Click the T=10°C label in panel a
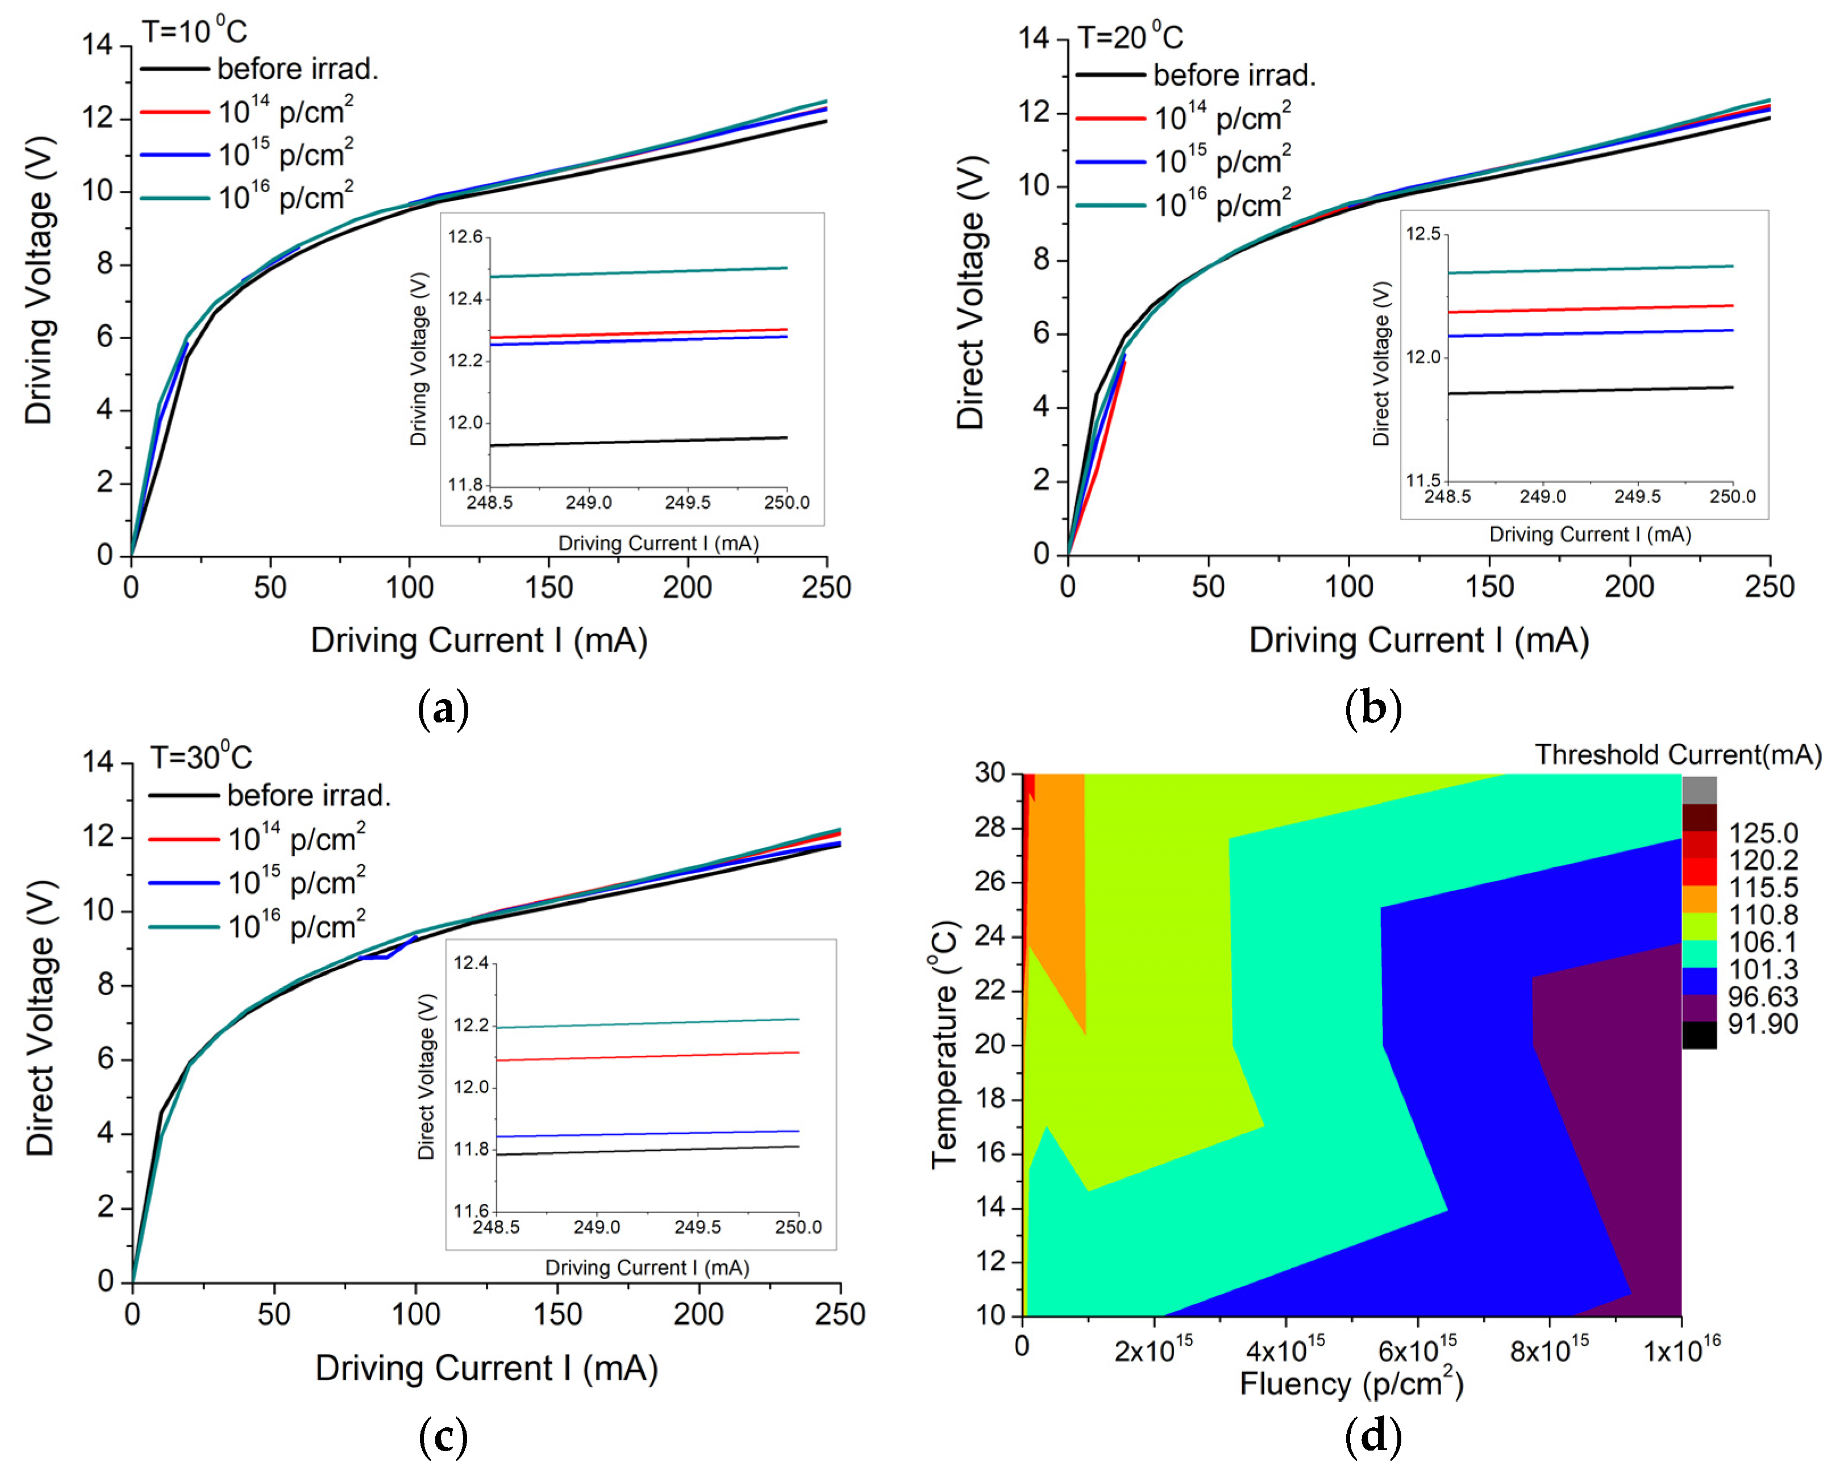[x=194, y=32]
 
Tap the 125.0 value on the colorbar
[x=1762, y=833]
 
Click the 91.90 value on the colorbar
[x=1762, y=1023]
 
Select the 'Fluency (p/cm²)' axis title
[x=1351, y=1383]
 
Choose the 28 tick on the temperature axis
[x=990, y=828]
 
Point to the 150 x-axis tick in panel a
[x=549, y=587]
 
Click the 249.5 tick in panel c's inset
[x=697, y=1227]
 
